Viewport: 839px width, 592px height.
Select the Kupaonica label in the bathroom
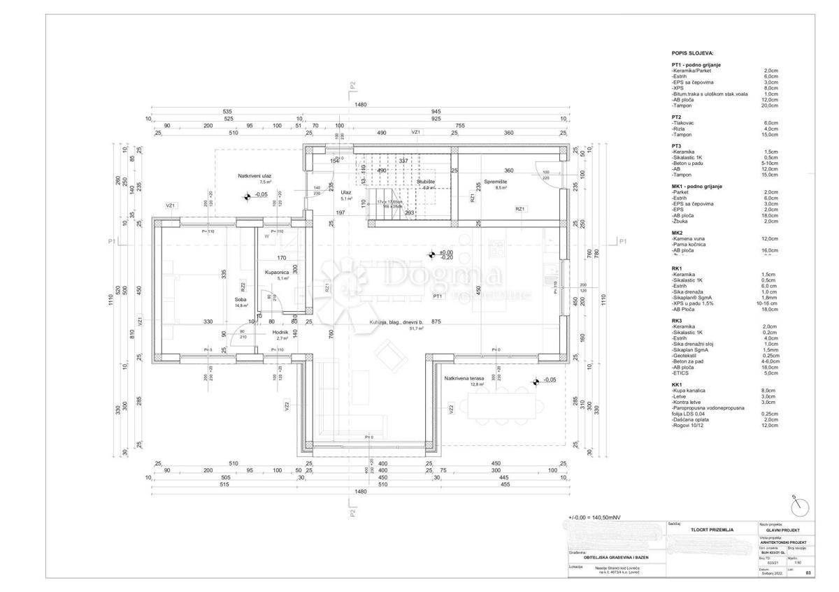click(277, 272)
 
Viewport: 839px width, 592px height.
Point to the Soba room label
click(241, 299)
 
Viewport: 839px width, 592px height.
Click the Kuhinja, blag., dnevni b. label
click(396, 322)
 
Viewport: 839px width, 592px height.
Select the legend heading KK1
click(677, 384)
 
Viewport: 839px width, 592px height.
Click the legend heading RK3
click(677, 320)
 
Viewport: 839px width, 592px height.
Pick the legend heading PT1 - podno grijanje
click(706, 65)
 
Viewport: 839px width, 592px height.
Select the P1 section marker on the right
click(622, 241)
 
